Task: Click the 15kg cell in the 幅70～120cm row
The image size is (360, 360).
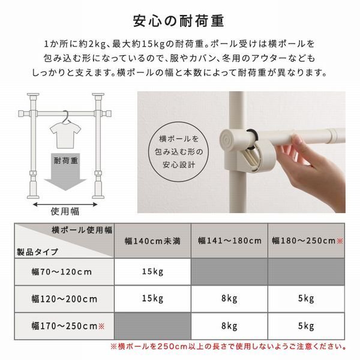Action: pos(152,272)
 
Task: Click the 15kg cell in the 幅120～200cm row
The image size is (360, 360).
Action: pos(152,298)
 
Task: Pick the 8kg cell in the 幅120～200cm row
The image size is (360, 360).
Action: pos(230,298)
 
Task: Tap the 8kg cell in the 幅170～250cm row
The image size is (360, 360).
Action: pos(230,326)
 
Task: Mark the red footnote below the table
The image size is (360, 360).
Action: pos(229,347)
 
